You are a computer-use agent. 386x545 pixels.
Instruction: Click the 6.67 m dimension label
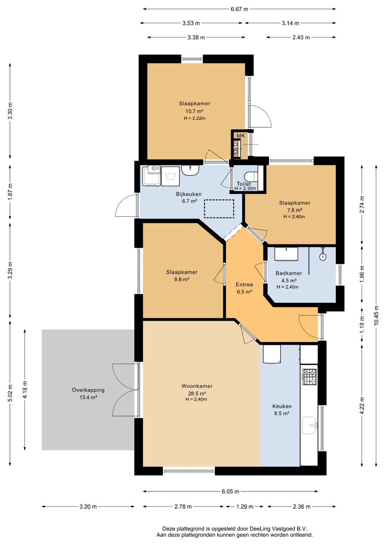[239, 9]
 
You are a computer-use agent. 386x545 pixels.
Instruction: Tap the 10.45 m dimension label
[376, 315]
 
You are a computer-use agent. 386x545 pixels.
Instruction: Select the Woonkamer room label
[197, 386]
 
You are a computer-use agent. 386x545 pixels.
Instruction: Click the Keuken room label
[282, 406]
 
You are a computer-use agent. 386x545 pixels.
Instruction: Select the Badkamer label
[288, 273]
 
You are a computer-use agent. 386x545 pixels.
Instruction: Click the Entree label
[244, 284]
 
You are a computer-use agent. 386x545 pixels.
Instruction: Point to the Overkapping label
[88, 390]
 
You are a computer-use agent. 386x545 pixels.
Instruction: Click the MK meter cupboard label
[241, 136]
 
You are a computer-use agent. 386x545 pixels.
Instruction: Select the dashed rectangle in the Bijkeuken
[219, 209]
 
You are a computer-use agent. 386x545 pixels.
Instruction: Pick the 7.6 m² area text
[295, 210]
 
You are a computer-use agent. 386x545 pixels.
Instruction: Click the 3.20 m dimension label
[88, 507]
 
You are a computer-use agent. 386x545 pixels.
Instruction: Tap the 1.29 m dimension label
[244, 507]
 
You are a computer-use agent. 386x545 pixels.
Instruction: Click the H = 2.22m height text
[194, 119]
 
